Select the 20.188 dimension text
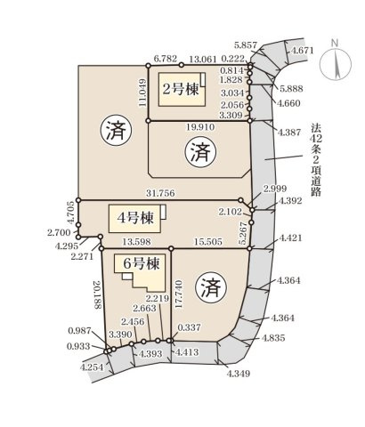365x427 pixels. pyautogui.click(x=95, y=294)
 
